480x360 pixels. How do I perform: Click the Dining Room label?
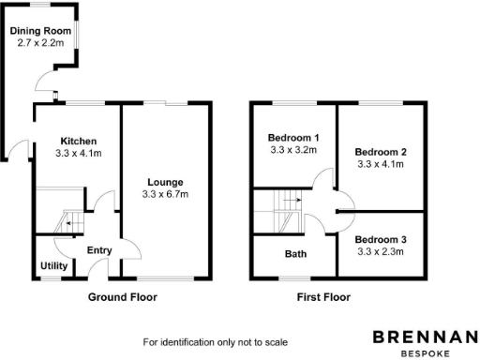coord(40,31)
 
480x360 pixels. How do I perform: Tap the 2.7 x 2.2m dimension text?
coord(40,43)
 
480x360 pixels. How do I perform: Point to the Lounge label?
coord(165,182)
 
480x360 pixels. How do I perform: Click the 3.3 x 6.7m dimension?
coord(165,195)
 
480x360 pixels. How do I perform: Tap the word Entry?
coord(98,250)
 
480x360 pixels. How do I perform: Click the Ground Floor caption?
coord(123,297)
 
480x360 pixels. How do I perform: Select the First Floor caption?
coord(323,297)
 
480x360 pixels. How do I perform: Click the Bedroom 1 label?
coord(293,138)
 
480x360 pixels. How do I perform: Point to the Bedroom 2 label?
coord(380,151)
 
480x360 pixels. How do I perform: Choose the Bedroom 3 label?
coord(380,239)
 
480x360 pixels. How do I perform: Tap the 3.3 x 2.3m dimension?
coord(380,251)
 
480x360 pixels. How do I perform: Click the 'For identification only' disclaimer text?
coord(215,342)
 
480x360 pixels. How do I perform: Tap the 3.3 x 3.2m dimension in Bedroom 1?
coord(293,150)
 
